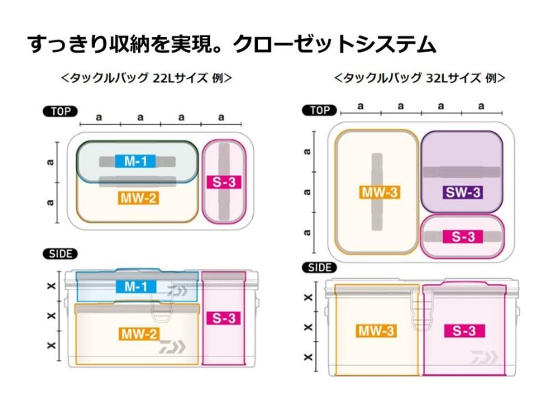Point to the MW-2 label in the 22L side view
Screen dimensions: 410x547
pos(139,334)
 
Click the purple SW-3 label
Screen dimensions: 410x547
pos(462,192)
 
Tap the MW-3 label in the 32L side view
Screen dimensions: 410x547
pos(376,331)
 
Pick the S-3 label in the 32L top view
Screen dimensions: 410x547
pos(462,237)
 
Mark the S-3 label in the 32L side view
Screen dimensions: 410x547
pos(463,331)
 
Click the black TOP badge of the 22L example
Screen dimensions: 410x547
pos(60,111)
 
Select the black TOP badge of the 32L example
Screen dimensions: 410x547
pos(320,109)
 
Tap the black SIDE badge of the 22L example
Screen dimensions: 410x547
pos(61,254)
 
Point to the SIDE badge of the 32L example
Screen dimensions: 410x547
pos(319,267)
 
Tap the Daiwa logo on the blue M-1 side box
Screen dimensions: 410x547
pos(176,291)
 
